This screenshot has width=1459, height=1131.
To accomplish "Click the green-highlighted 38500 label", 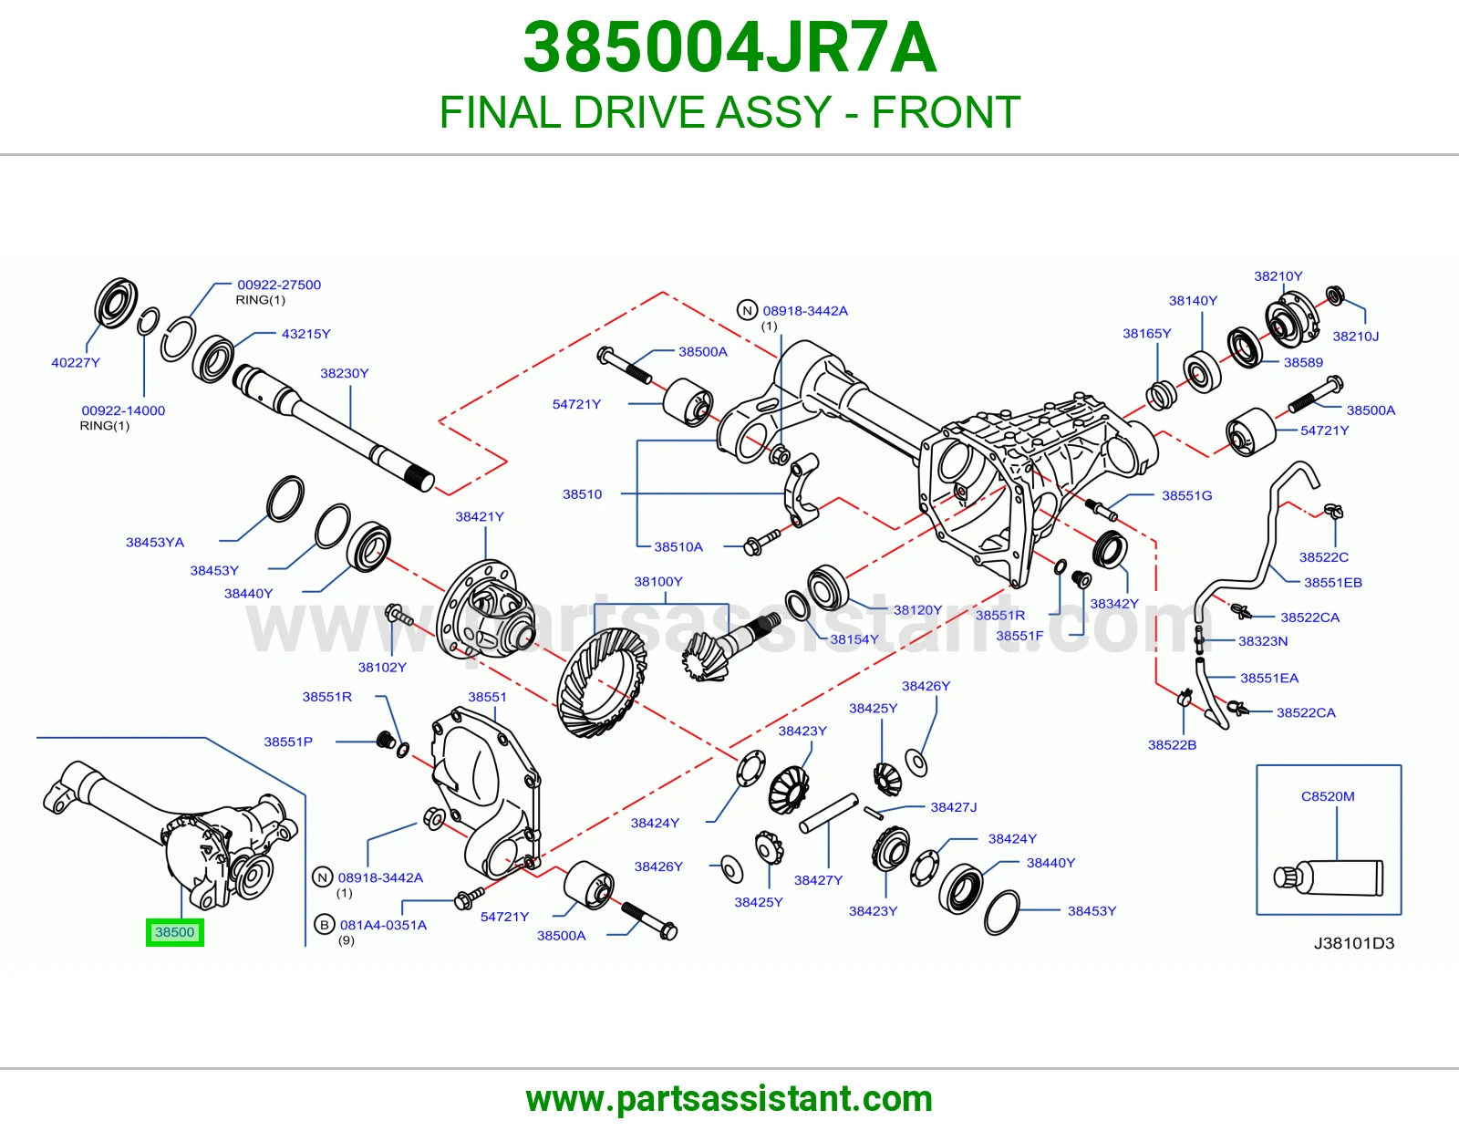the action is click(174, 932).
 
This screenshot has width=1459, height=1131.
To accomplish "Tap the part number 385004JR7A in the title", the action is click(729, 48).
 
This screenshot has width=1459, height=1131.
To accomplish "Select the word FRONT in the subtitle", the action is click(946, 112).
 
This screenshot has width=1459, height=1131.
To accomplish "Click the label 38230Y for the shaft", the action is click(345, 373).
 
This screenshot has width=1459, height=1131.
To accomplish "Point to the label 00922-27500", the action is click(279, 285).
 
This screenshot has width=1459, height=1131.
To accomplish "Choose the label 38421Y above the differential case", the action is click(480, 516).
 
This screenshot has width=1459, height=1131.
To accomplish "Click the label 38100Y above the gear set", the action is click(658, 582).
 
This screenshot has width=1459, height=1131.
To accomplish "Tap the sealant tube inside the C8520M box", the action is click(1328, 877).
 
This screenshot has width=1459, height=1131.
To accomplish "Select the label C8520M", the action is click(1328, 796).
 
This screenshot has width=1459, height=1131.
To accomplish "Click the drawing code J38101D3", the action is click(1354, 944).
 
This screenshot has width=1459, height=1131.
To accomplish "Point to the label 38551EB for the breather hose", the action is click(1333, 582).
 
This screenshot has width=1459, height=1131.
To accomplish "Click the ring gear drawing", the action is click(602, 682).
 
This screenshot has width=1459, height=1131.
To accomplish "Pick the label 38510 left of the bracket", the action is click(582, 494).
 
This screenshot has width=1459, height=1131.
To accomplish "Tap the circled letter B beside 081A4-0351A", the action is click(325, 925).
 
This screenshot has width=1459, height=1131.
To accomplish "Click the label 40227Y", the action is click(76, 363).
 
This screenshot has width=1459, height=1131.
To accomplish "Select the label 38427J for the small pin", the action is click(954, 807).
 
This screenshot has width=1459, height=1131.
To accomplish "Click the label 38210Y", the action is click(1278, 276).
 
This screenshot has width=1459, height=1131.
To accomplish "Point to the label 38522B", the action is click(1173, 745).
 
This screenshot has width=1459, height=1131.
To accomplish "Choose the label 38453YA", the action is click(155, 542).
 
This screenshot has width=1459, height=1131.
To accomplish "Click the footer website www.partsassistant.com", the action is click(729, 1099).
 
